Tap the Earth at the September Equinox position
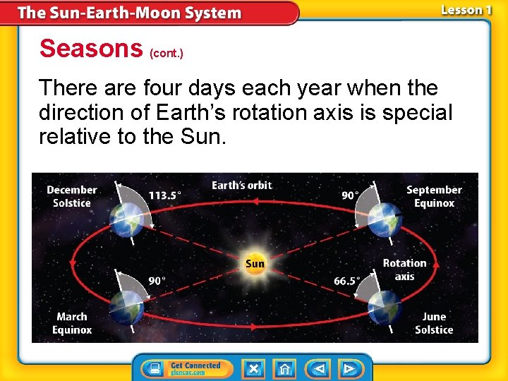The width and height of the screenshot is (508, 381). [384, 220]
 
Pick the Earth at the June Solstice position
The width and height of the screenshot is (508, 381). [385, 308]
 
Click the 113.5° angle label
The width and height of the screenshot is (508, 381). [164, 195]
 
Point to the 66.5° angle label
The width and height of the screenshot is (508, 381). [346, 281]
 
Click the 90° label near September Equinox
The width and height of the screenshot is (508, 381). [350, 195]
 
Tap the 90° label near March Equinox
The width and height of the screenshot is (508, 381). [157, 281]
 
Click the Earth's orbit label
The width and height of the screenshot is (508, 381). [241, 186]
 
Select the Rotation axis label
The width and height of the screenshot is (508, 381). [404, 270]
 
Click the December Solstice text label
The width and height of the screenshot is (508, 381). [71, 196]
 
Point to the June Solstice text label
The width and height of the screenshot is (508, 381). [434, 323]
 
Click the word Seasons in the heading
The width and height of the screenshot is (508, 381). [91, 49]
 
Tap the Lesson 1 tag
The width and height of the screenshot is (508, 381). [466, 10]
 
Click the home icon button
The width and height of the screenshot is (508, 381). [284, 368]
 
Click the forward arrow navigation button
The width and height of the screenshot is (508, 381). [349, 368]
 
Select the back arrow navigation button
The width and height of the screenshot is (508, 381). [319, 368]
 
